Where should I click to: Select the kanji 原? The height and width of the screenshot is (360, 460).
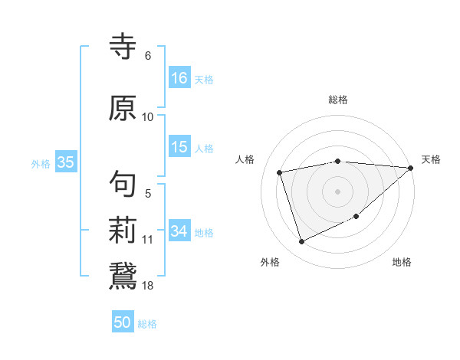click(123, 108)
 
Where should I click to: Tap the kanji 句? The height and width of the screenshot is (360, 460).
click(123, 184)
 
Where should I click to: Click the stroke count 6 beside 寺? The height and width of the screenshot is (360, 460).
click(147, 56)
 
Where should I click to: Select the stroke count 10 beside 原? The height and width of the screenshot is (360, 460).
click(148, 117)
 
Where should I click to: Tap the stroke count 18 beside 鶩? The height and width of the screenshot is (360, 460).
click(148, 286)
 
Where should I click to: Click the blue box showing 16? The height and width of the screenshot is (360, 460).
click(179, 77)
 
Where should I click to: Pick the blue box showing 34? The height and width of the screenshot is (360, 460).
click(179, 231)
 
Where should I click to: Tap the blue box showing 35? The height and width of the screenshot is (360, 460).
click(65, 162)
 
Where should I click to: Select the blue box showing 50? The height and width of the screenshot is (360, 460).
click(123, 322)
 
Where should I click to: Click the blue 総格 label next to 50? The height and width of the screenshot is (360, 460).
click(147, 324)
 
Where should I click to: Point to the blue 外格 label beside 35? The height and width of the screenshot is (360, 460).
click(41, 163)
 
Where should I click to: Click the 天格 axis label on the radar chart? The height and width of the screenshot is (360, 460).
click(431, 159)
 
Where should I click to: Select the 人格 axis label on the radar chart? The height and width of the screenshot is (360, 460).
click(245, 159)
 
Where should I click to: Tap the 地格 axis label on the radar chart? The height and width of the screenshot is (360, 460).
click(402, 262)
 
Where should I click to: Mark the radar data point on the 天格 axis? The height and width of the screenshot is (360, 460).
click(411, 168)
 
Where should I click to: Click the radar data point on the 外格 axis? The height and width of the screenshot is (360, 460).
click(301, 242)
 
